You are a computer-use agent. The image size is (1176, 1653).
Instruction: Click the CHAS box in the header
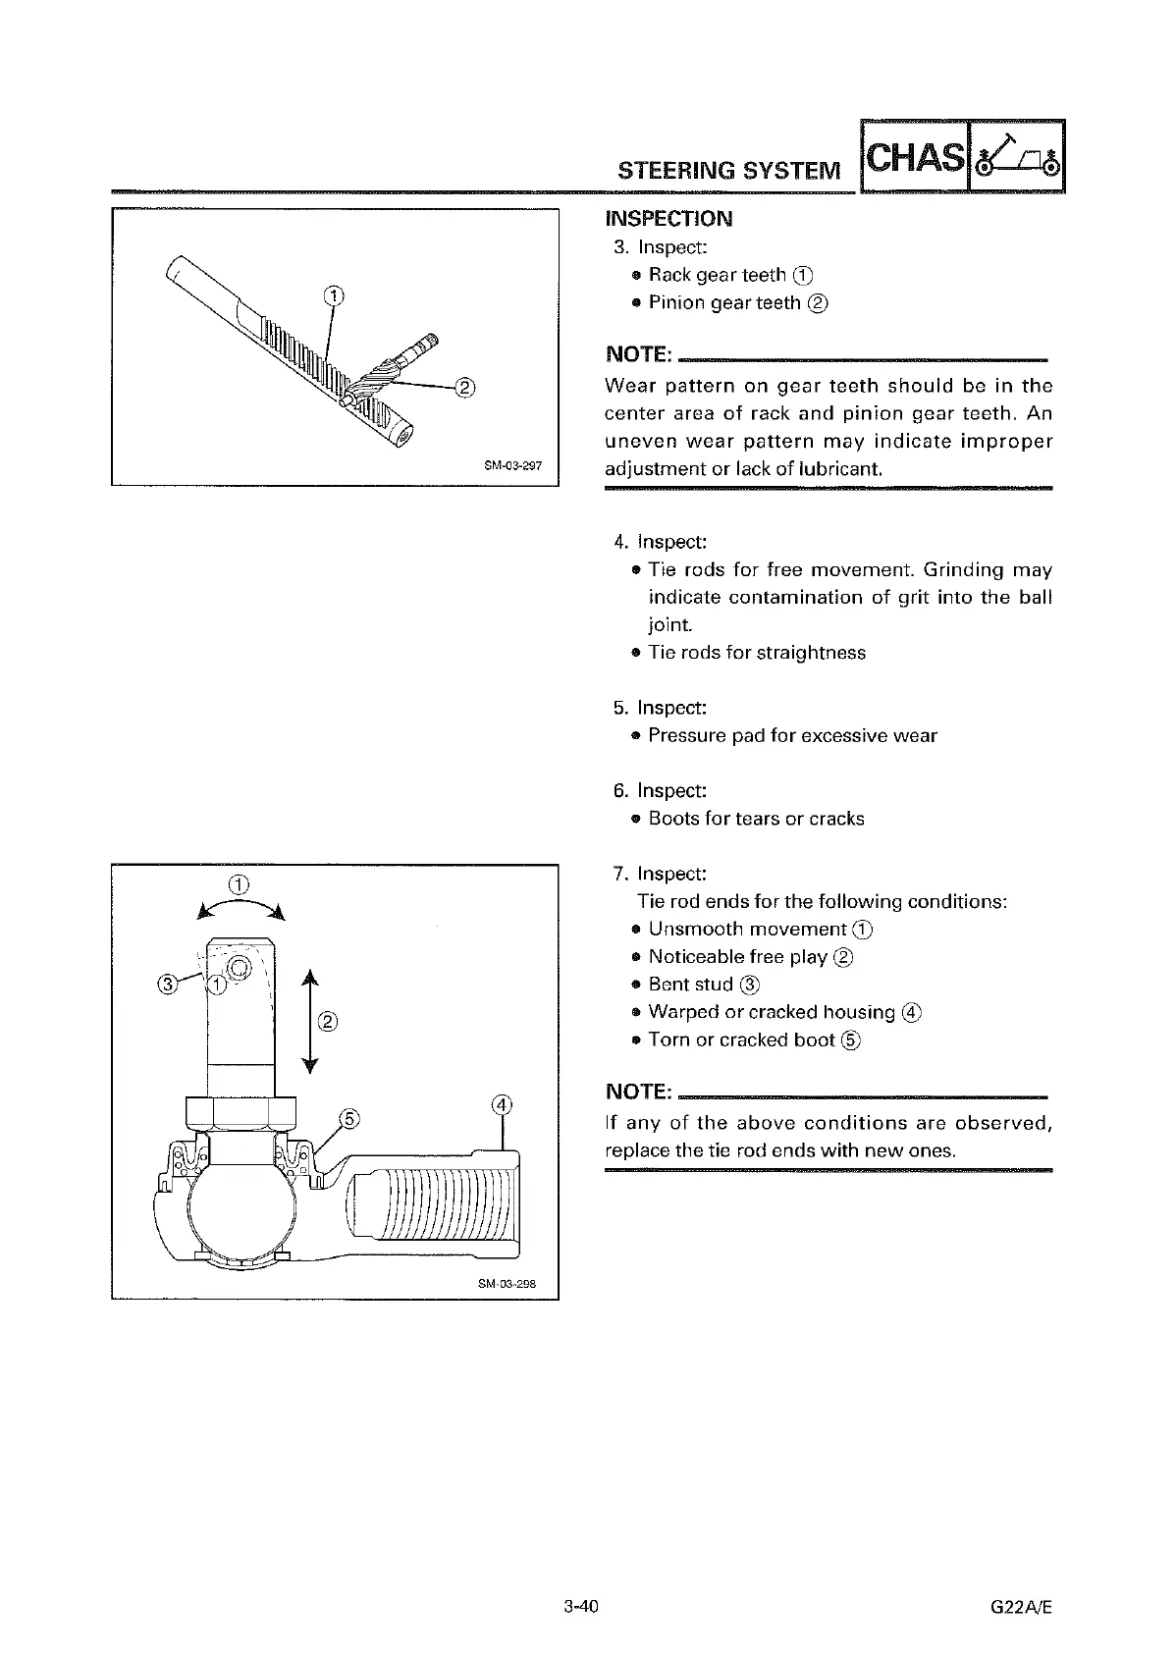pos(914,158)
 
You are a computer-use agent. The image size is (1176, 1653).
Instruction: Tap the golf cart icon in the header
pos(1017,158)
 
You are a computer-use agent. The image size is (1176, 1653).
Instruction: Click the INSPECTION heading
pos(668,219)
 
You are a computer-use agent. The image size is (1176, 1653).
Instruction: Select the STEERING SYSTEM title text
pos(729,171)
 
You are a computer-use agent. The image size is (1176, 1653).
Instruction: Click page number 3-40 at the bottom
pos(580,1607)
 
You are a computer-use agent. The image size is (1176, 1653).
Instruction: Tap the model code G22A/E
pos(1021,1607)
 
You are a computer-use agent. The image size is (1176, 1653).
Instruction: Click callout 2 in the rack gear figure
pos(465,385)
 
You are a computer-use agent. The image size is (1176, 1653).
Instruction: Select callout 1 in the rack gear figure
pos(334,294)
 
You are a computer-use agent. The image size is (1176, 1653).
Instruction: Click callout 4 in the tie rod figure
pos(502,1103)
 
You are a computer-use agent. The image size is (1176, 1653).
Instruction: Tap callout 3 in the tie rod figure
pos(168,984)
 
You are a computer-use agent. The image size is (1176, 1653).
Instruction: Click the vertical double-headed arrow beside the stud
pos(309,1021)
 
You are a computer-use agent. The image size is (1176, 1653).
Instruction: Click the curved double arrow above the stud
pos(241,908)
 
